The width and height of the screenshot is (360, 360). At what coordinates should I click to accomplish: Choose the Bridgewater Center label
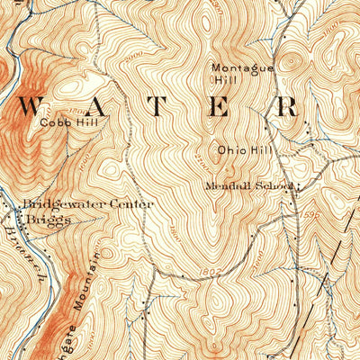click(88, 204)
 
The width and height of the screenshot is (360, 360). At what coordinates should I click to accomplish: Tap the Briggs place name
click(46, 220)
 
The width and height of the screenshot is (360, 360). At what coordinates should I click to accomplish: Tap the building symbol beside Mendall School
click(298, 185)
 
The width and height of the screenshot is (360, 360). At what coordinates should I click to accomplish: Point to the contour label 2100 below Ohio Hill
click(198, 164)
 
